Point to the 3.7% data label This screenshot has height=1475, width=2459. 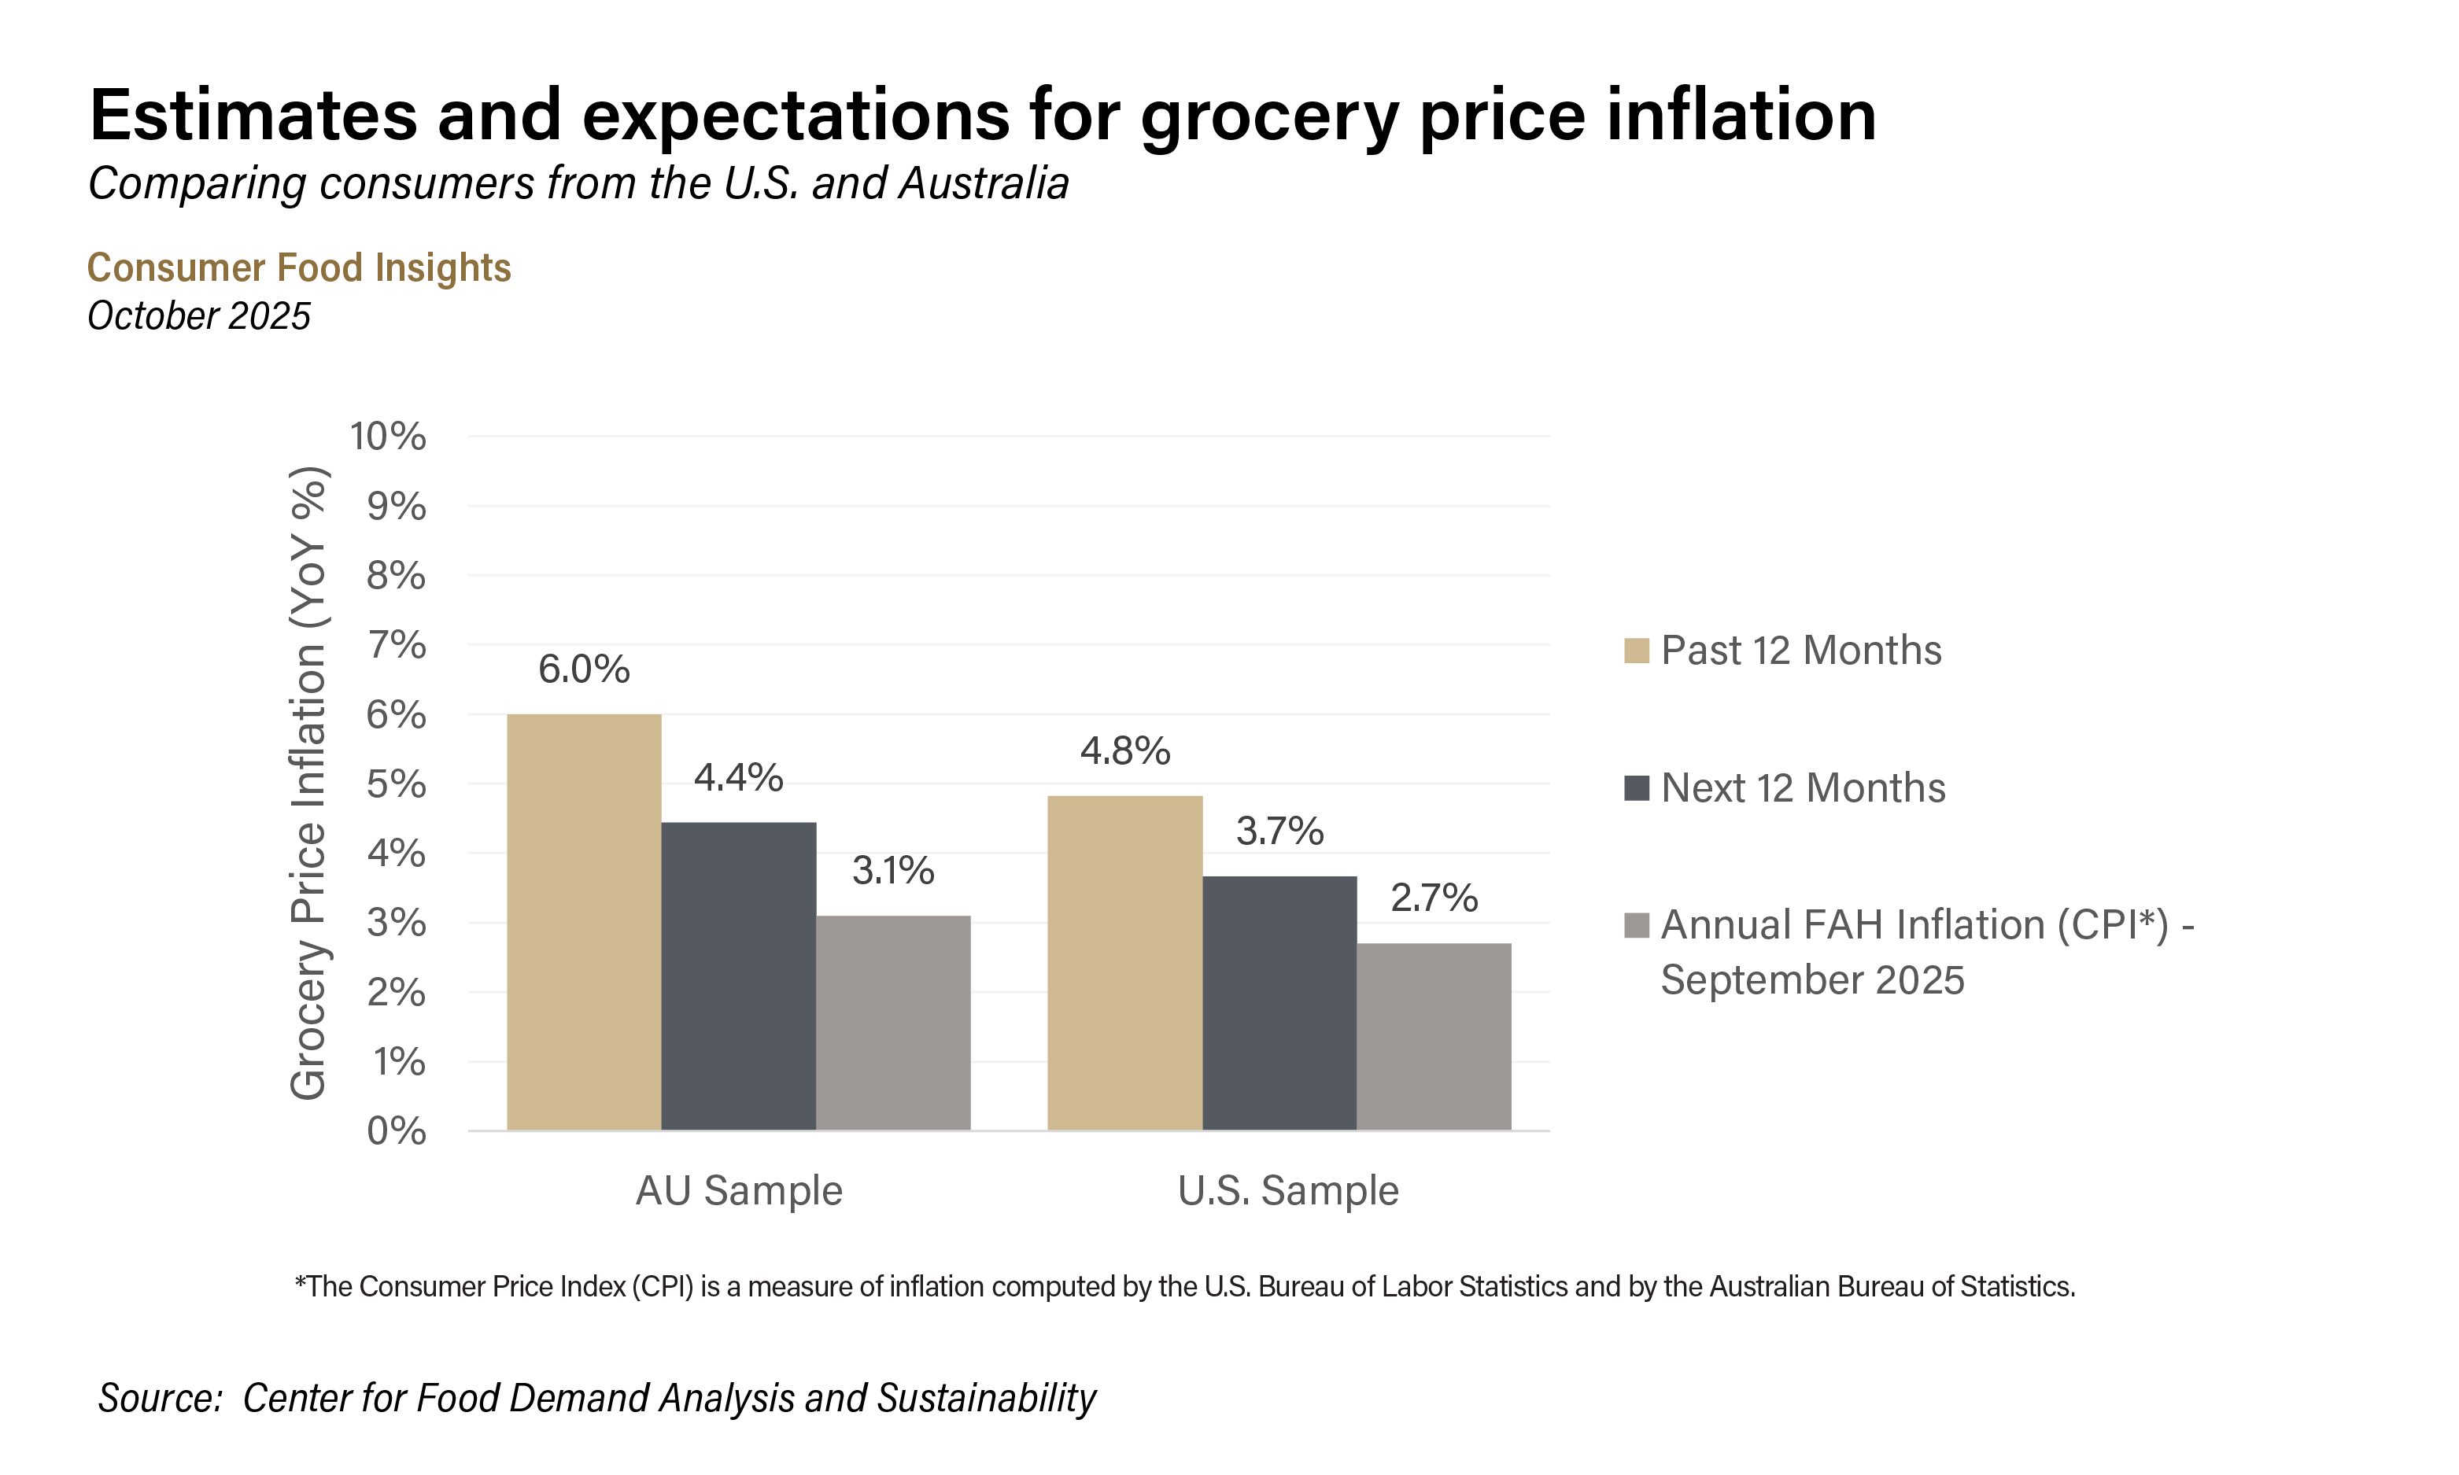pos(1279,831)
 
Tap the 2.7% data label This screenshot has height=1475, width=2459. pos(1433,898)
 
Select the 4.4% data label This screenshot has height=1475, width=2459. pos(739,777)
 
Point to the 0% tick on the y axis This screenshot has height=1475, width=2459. pos(396,1130)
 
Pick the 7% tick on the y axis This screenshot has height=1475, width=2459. pos(396,645)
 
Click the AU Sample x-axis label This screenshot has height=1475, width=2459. pos(739,1189)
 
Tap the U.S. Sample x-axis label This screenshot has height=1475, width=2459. pos(1287,1189)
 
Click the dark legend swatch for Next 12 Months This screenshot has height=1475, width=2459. pos(1636,788)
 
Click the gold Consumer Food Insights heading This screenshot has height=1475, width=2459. pos(299,267)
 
